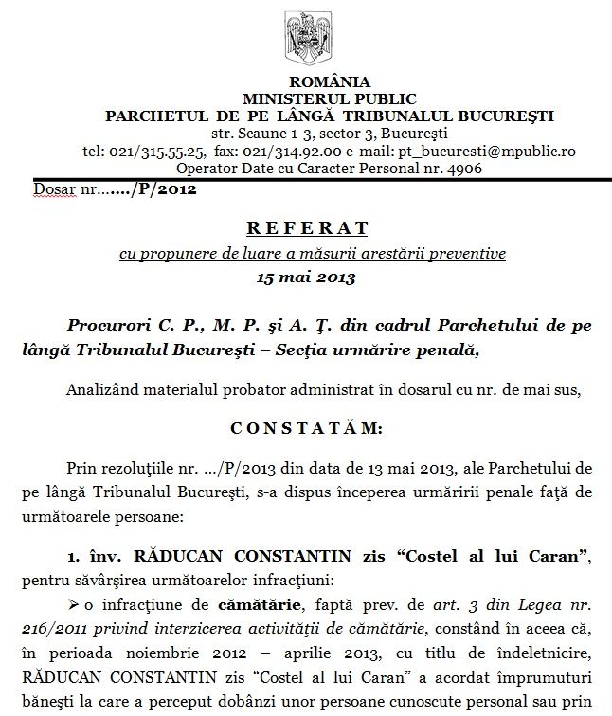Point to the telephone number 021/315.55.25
[156, 151]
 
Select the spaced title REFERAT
[305, 229]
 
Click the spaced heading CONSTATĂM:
[305, 428]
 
